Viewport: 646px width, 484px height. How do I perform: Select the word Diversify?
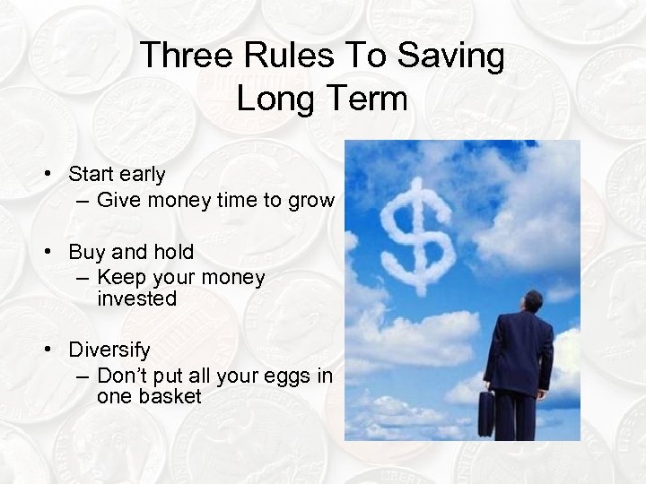coord(109,348)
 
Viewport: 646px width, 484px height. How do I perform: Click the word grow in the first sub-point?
coord(310,200)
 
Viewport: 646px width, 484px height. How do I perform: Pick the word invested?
coord(137,298)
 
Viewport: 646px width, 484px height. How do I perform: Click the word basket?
coord(170,395)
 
